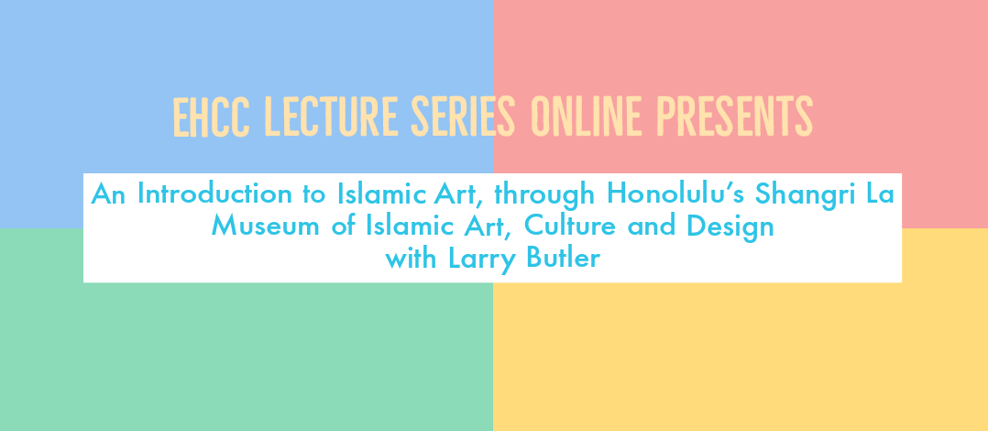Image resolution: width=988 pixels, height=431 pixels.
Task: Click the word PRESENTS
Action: click(735, 117)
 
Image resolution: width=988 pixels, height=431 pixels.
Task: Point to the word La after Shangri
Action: click(876, 193)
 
